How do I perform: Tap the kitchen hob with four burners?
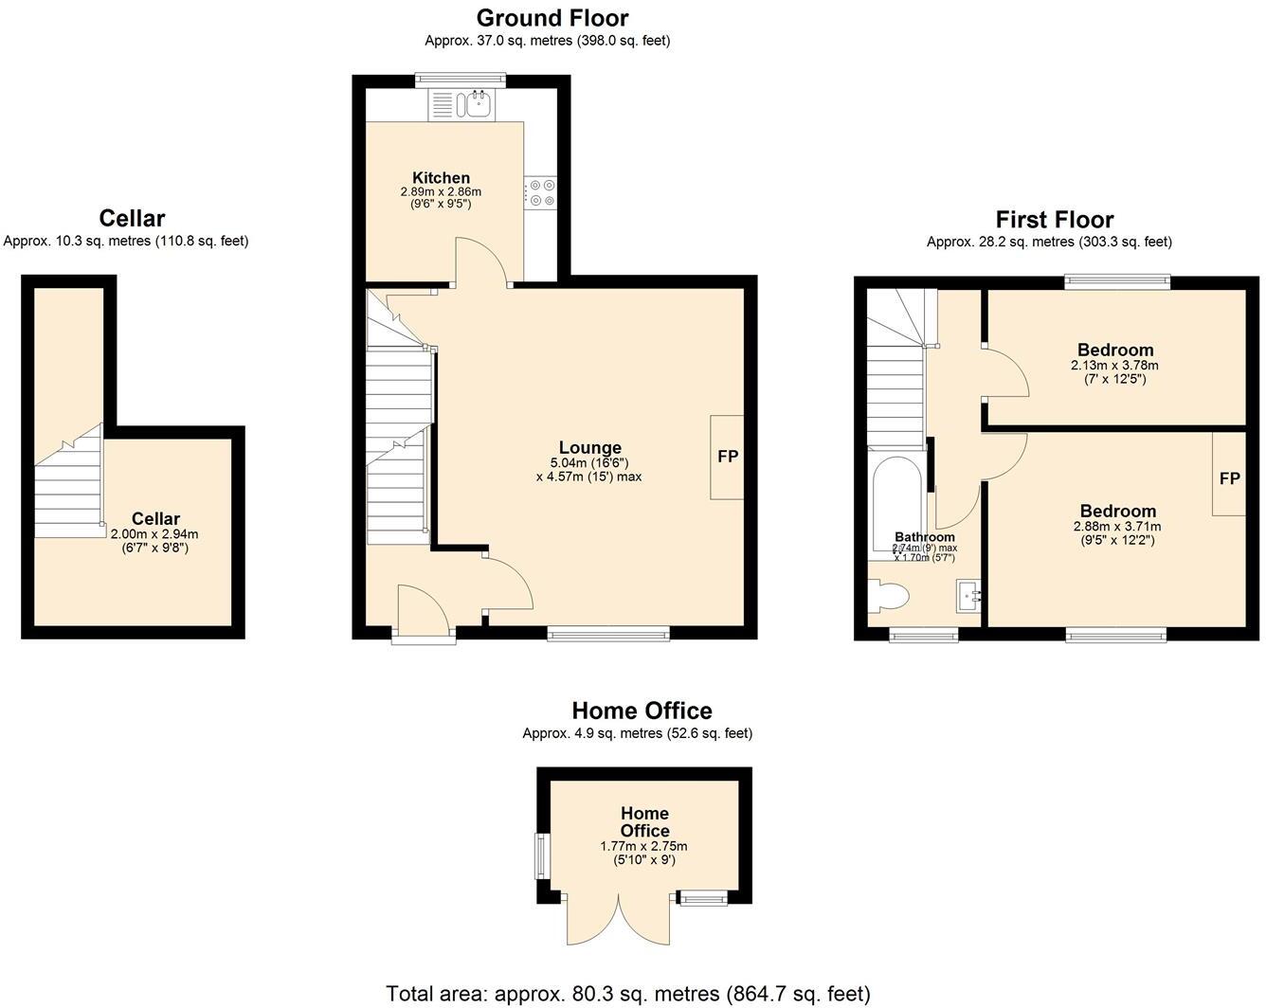tap(543, 192)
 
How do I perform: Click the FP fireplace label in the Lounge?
tap(728, 457)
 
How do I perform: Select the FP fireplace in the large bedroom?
tap(1229, 478)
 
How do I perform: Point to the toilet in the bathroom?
tap(890, 596)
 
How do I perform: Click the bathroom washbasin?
tap(968, 596)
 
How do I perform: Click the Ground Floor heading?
tap(552, 18)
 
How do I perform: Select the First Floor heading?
tap(1054, 220)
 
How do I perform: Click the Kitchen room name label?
tap(441, 177)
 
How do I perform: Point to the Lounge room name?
tap(589, 447)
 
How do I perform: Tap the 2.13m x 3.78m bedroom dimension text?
tap(1114, 366)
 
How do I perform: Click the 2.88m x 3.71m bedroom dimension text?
tap(1116, 527)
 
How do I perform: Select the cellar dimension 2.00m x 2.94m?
tap(154, 534)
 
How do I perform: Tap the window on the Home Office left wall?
tap(543, 855)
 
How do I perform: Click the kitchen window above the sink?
tap(461, 81)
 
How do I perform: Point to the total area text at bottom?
tap(627, 994)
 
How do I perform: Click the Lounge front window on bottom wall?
tap(608, 633)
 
